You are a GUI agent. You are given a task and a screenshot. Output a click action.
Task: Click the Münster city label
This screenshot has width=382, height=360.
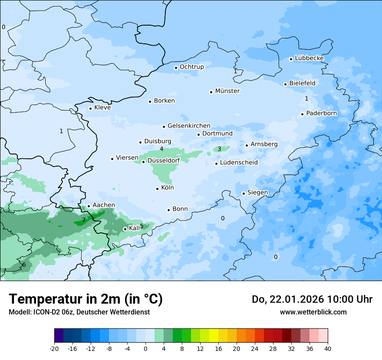(x=227, y=91)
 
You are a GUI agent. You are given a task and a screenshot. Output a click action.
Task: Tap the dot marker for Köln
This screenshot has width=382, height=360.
(x=157, y=189)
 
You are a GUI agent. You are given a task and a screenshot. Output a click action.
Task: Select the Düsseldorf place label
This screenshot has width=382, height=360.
(x=164, y=160)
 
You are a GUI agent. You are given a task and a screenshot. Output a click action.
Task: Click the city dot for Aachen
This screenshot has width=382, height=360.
(x=89, y=206)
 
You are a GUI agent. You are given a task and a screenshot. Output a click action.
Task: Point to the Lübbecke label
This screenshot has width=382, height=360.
(x=309, y=58)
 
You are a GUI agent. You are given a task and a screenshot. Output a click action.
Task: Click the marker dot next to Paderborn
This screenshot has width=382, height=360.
(x=302, y=114)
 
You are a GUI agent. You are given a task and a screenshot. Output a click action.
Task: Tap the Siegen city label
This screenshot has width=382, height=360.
(x=257, y=193)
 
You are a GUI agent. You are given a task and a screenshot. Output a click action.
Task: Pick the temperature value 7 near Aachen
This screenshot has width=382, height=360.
(x=84, y=220)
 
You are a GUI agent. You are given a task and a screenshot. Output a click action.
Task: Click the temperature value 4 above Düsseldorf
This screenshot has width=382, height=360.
(x=161, y=149)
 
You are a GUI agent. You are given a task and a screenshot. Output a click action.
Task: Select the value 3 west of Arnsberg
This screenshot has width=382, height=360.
(x=219, y=149)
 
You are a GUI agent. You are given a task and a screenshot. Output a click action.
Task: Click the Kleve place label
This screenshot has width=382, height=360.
(x=102, y=108)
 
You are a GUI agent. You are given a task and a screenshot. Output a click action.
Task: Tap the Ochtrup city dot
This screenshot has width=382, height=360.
(x=176, y=68)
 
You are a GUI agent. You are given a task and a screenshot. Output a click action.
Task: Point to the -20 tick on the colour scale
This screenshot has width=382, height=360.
(x=54, y=348)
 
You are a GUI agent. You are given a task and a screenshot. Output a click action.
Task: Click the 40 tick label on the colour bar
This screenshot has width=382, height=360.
(x=328, y=348)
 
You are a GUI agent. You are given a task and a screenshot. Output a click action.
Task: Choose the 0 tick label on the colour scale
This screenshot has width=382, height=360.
(x=145, y=348)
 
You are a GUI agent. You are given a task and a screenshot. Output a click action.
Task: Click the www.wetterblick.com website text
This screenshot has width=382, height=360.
(x=313, y=312)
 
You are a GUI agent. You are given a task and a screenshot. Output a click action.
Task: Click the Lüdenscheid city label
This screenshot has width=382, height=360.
(x=239, y=163)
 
